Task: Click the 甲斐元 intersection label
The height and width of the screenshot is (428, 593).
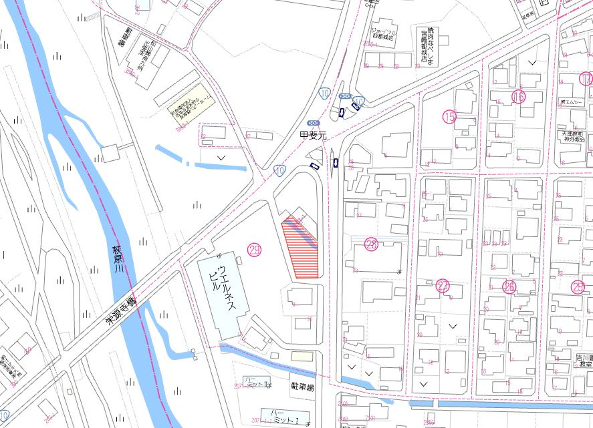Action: click(x=314, y=134)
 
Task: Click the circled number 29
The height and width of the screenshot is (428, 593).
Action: click(x=254, y=250)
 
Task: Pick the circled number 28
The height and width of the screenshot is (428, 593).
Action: click(x=372, y=244)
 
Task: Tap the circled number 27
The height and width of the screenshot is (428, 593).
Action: click(x=443, y=286)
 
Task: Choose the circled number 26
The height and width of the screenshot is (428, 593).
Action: click(x=509, y=286)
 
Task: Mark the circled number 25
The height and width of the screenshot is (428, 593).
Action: click(x=578, y=286)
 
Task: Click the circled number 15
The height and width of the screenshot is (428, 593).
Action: click(x=449, y=117)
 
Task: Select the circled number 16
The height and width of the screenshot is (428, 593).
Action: click(x=518, y=96)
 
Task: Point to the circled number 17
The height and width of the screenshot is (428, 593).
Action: click(x=586, y=79)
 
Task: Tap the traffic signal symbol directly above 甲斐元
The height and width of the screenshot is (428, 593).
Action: click(x=314, y=124)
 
